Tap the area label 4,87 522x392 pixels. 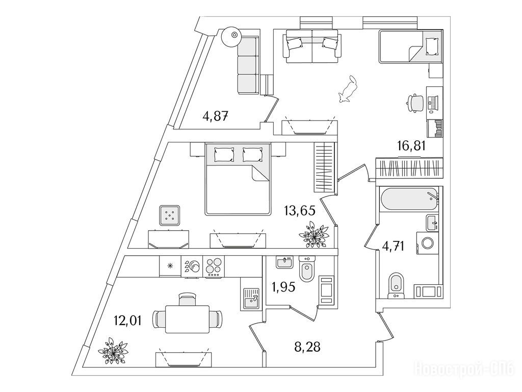(215, 116)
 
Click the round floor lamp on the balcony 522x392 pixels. (233, 35)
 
